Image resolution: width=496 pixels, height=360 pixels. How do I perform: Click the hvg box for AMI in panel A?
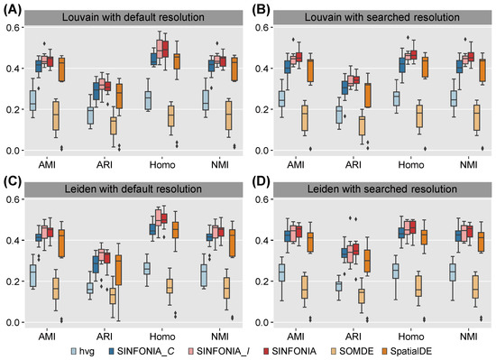(33, 100)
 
